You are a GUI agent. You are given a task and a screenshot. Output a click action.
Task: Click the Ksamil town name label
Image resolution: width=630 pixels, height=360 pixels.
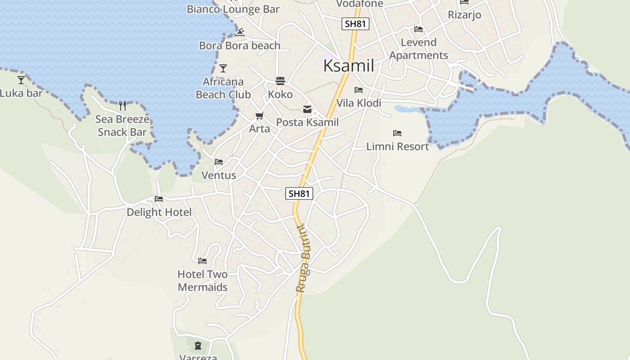pos(349,66)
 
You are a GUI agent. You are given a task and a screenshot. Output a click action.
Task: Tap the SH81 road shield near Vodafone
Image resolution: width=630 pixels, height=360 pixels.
pos(355,24)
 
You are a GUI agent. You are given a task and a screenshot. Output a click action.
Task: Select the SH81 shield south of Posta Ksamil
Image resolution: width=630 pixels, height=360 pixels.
pos(299,193)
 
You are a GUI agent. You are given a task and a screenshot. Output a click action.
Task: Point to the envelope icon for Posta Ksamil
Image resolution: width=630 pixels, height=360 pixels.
pos(307,109)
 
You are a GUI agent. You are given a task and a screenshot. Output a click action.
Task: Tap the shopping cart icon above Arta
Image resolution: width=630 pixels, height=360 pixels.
pos(259,116)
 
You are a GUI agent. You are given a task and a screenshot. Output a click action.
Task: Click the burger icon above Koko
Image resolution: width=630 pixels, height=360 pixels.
pos(280,81)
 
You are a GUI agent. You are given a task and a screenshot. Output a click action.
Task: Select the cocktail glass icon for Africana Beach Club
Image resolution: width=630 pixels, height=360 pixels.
pos(223,68)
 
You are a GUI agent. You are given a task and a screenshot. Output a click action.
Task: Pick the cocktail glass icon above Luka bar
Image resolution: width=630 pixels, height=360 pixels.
pos(21,80)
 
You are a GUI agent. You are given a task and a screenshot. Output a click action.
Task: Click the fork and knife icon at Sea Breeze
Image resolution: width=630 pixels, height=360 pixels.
pos(122,106)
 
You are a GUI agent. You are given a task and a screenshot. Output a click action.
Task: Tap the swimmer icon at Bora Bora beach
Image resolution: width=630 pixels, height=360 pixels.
pos(240,32)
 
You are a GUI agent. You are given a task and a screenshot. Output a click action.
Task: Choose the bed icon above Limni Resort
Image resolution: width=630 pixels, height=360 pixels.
pos(397,133)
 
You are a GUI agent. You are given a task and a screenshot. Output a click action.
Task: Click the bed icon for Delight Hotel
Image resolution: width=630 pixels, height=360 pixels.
pos(158,199)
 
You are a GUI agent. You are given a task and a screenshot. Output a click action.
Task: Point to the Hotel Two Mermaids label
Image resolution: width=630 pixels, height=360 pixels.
pos(202,281)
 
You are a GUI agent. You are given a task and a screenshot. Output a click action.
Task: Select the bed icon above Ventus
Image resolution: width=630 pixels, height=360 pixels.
pos(219,162)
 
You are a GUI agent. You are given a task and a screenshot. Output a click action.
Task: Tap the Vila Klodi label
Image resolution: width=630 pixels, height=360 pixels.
pos(359,103)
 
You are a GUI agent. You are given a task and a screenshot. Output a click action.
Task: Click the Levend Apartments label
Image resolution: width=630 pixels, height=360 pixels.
pos(418,49)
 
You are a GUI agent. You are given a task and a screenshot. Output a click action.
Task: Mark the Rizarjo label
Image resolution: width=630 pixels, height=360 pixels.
pos(464,15)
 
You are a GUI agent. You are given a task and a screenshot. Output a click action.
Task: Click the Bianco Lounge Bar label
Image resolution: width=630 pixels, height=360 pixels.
pos(233,9)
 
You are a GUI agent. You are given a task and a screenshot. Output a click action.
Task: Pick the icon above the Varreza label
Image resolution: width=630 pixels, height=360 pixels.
pos(198,346)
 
